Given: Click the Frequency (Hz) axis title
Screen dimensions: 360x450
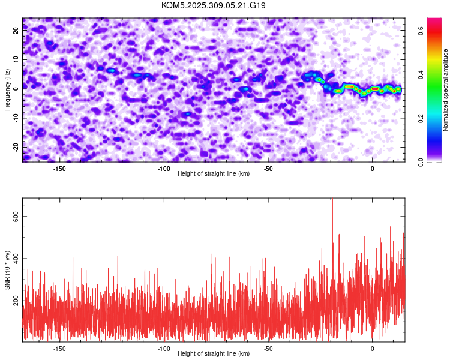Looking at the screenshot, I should click(x=7, y=89).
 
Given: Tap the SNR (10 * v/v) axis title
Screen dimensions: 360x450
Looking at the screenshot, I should click(x=7, y=269).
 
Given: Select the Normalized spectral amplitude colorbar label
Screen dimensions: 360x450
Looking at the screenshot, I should click(x=446, y=89).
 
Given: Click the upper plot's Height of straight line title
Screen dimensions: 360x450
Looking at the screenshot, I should click(x=214, y=173).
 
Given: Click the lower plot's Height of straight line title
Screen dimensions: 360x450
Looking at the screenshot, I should click(x=214, y=353).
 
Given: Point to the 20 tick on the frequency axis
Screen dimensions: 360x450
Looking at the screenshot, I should click(x=16, y=32).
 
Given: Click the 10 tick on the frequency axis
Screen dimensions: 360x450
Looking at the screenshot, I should click(x=16, y=61).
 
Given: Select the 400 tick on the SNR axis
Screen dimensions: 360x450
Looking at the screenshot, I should click(x=14, y=259).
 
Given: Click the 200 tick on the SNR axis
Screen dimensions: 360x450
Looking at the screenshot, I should click(x=14, y=300).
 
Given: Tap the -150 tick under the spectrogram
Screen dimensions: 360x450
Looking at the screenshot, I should click(x=59, y=169).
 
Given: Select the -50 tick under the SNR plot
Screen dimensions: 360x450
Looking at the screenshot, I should click(x=268, y=349).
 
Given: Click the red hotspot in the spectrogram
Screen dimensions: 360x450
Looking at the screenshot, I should click(x=375, y=89).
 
